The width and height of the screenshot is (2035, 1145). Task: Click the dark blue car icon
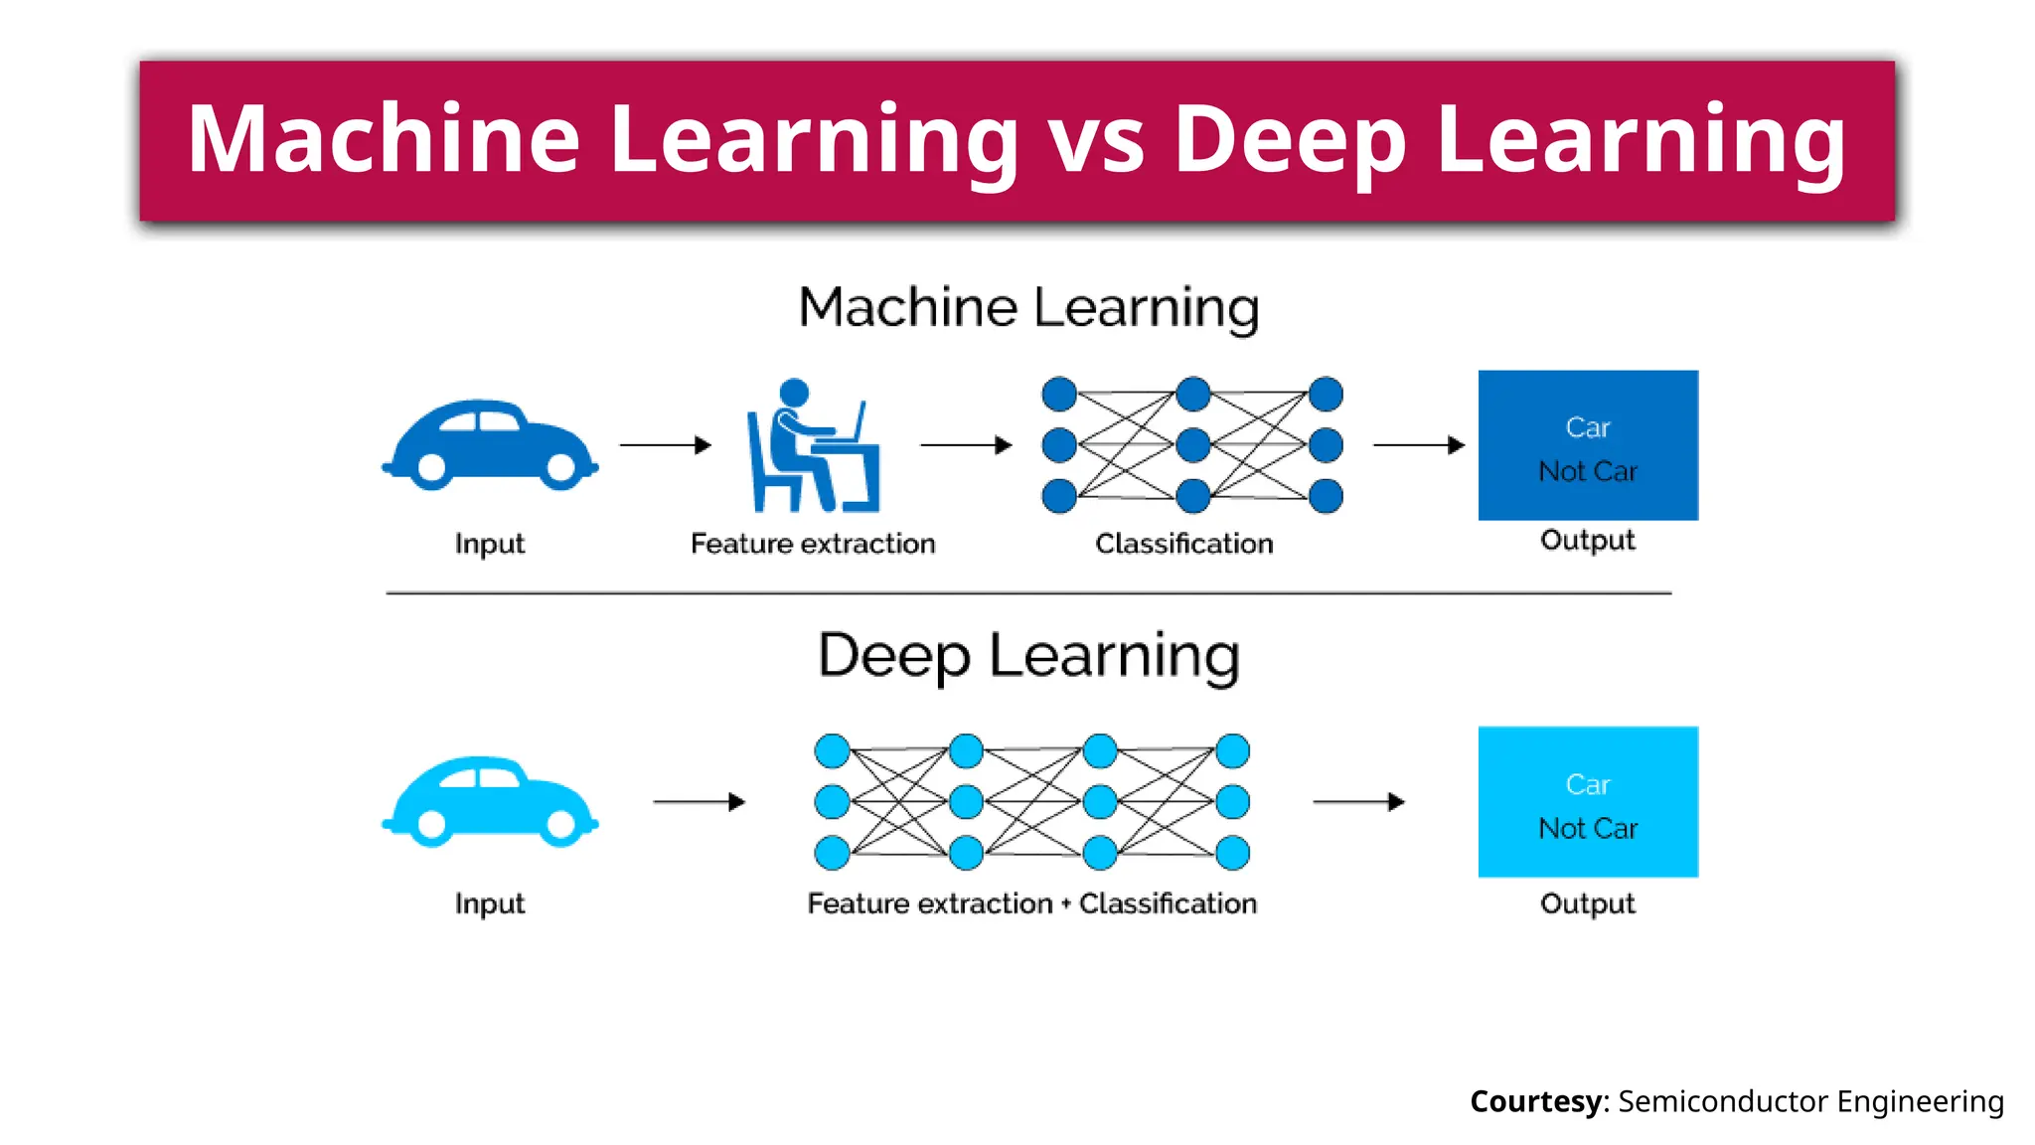pos(490,445)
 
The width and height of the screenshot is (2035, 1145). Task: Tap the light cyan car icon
pos(490,802)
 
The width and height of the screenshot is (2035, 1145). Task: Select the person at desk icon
pos(813,446)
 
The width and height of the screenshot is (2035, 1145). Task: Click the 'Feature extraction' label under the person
pos(813,544)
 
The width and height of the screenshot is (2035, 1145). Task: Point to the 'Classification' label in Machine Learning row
pos(1183,544)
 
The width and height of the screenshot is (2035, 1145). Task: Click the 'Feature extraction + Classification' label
pos(1031,903)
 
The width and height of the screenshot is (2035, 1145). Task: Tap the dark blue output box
pos(1588,445)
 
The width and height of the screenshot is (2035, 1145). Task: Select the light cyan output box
pos(1588,802)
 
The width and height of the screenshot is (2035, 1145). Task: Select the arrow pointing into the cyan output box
pos(1358,802)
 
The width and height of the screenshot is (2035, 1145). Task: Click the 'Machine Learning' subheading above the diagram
pos(1028,307)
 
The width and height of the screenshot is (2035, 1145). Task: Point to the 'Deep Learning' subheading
pos(1028,656)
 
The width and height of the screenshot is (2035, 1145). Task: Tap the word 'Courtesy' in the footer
pos(1535,1101)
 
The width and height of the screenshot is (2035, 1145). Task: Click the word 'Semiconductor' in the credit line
pos(1723,1101)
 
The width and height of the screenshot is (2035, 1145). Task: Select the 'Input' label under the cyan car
pos(490,903)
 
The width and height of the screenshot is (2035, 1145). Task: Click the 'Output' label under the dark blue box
pos(1588,540)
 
